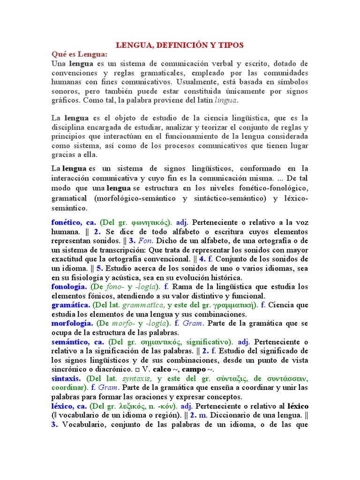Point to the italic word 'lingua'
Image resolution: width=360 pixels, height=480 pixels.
226,100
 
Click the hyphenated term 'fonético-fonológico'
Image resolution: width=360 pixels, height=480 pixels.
274,188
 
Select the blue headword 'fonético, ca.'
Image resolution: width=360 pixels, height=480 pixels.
74,223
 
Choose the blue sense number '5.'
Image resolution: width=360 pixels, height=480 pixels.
100,269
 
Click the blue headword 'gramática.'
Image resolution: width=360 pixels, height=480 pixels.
71,305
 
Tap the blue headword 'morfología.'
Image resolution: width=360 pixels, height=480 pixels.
71,323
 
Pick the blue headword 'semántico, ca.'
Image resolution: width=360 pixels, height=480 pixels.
78,342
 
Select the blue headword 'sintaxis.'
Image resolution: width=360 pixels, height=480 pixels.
66,378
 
